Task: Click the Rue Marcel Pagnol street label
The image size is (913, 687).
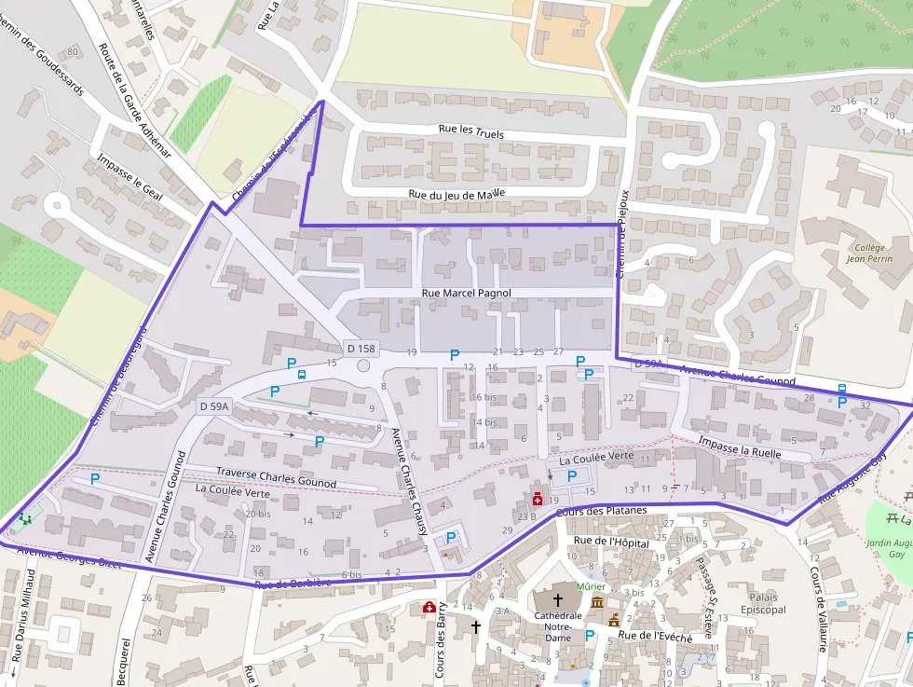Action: (x=467, y=293)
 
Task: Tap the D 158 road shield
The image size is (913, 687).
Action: (x=361, y=349)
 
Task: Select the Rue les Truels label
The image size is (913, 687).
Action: (x=470, y=132)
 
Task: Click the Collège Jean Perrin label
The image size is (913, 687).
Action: (x=870, y=254)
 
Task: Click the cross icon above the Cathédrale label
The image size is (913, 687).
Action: (x=559, y=599)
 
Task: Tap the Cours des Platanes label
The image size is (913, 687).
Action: (x=601, y=512)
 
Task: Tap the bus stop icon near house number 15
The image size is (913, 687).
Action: (x=302, y=375)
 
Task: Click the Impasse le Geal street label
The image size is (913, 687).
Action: (x=129, y=176)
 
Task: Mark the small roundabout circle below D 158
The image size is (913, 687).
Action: (x=363, y=366)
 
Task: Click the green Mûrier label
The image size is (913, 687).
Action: (x=591, y=587)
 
